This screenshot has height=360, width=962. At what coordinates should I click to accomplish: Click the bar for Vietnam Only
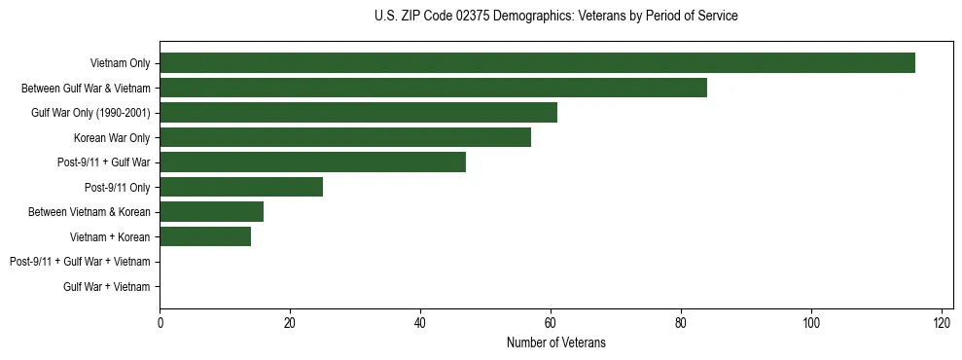[537, 63]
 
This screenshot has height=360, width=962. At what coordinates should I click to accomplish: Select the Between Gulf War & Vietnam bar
[433, 88]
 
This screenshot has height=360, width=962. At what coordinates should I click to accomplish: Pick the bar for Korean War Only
[345, 137]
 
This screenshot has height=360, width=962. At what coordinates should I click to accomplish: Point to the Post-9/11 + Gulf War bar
[312, 162]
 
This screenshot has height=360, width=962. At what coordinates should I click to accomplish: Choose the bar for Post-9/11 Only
[241, 187]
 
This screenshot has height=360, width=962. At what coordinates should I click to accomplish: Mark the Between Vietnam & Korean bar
[211, 211]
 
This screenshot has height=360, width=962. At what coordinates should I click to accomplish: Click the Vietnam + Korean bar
[205, 236]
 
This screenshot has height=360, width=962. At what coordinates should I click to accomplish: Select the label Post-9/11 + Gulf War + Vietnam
[80, 262]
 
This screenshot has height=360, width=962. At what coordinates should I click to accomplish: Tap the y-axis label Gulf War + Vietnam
[107, 286]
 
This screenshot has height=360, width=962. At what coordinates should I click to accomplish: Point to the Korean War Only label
[112, 137]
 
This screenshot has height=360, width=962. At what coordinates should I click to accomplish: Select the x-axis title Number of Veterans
[555, 342]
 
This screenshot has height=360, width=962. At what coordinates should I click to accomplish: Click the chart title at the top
[555, 17]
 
